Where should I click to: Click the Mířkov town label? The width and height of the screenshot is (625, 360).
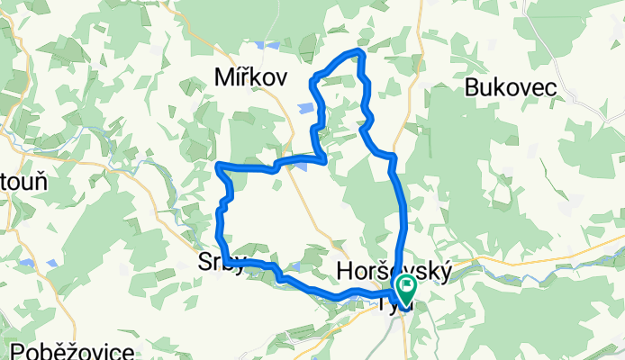click(250, 78)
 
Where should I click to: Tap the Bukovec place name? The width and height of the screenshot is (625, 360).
click(511, 86)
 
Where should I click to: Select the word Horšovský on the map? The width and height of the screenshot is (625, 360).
click(393, 270)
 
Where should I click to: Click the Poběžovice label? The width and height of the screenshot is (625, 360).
click(73, 350)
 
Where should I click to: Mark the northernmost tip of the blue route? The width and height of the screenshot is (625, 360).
click(360, 52)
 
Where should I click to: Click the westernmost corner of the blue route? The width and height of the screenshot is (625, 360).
click(219, 164)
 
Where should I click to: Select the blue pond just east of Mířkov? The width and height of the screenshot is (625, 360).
click(306, 109)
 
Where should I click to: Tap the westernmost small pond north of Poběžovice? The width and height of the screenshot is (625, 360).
click(28, 264)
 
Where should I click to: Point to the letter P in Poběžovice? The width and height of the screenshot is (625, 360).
click(20, 350)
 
